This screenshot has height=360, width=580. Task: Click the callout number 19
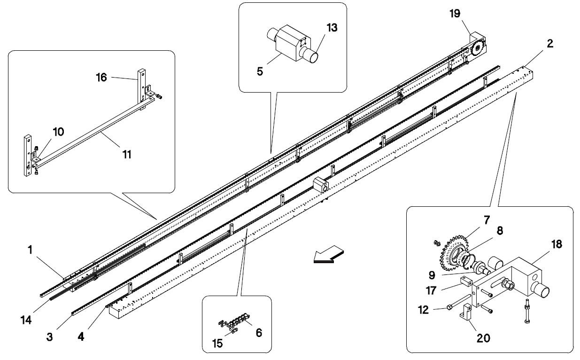pos(455,14)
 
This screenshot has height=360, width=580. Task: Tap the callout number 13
pos(332,28)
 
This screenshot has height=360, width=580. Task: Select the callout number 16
pos(101,77)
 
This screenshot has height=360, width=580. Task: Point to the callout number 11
pos(127,155)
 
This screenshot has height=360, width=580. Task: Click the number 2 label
pos(550,44)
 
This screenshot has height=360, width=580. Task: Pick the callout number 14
pos(26,320)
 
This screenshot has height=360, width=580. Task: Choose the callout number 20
pos(483,338)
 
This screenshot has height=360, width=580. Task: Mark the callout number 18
pos(557,244)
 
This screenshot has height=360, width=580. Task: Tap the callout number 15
pos(217,344)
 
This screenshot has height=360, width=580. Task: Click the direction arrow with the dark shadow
pos(328,255)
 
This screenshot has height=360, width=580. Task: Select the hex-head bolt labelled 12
pos(458,301)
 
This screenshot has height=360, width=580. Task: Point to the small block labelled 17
pos(466,282)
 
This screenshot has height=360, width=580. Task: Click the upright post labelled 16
pos(141,86)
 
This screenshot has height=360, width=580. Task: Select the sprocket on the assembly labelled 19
pos(477,48)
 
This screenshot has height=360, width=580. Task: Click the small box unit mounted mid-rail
pos(321,185)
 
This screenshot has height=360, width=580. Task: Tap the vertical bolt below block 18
pos(527,311)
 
